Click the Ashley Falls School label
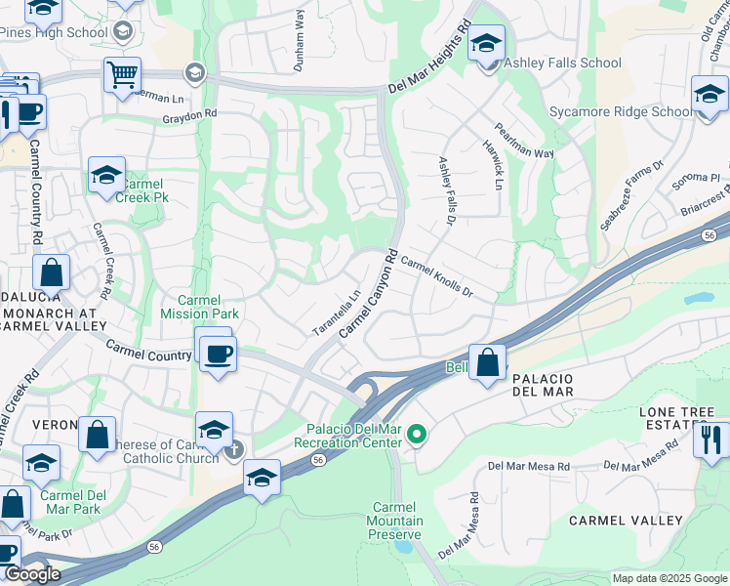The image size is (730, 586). [x=561, y=63]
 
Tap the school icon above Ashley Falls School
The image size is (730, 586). [x=486, y=44]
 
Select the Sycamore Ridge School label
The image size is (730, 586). [x=621, y=112]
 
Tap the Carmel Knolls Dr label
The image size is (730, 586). [x=436, y=278]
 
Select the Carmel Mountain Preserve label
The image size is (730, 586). [x=395, y=521]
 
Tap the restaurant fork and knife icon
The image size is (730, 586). [x=711, y=439]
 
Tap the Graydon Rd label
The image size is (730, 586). [x=190, y=115]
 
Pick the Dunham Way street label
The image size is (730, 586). [x=300, y=41]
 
